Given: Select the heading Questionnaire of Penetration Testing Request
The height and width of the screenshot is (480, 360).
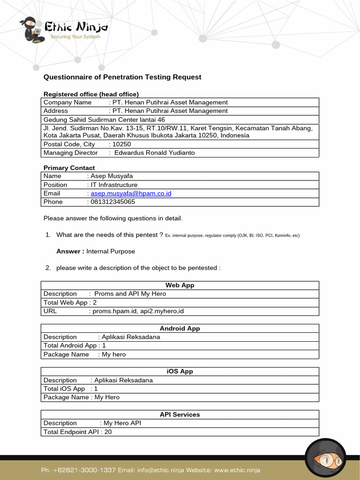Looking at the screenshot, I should [x=122, y=77].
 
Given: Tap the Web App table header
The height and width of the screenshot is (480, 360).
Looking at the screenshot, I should [x=180, y=285].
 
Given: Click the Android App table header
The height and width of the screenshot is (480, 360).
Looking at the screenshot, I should [x=180, y=329].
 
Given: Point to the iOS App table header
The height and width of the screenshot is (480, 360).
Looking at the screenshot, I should [x=180, y=371].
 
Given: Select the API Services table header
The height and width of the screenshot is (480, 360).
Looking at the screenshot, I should [x=180, y=414].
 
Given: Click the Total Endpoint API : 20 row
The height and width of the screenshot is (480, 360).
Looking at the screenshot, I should [x=78, y=432].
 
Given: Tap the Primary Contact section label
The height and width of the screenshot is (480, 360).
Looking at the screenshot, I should [x=69, y=168].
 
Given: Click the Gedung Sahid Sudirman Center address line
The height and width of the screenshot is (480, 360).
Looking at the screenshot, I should [x=104, y=120].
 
